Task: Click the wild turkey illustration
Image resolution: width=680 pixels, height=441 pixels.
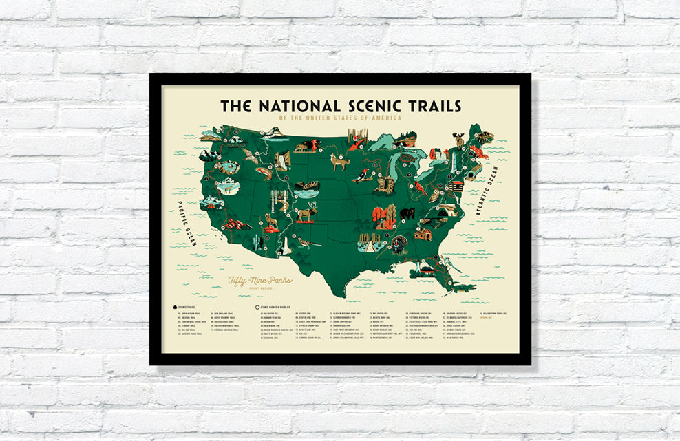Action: (399, 245)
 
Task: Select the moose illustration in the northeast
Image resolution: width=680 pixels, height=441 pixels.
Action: (459, 141)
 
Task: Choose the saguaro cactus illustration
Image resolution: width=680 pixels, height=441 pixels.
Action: (256, 241)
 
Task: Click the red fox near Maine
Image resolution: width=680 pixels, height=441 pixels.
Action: (480, 151)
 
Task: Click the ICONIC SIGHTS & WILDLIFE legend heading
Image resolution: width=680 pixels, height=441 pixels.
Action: (281, 307)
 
